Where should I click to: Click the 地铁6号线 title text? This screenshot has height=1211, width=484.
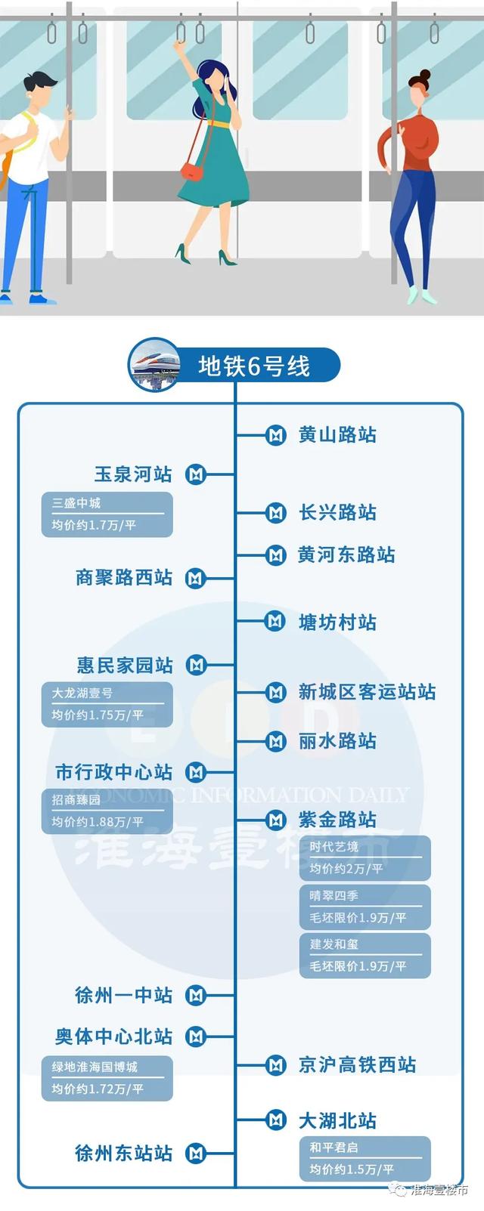coord(254,366)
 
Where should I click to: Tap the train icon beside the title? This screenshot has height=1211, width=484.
coord(155,364)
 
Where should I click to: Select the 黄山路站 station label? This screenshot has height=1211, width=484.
coord(337,434)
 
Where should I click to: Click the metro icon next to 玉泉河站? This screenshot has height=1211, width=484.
coord(195,474)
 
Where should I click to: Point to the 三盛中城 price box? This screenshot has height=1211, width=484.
coord(107,514)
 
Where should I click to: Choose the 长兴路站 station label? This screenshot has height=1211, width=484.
coord(337,512)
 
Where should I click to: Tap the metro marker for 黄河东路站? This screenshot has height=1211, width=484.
coord(275,555)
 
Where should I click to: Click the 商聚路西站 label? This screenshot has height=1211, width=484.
coord(124,577)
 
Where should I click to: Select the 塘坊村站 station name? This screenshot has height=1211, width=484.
coord(337,622)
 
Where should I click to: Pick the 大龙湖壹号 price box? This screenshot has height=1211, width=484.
coord(107,704)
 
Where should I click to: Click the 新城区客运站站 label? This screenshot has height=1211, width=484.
coord(367,692)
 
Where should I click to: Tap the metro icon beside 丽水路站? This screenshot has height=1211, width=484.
coord(275,741)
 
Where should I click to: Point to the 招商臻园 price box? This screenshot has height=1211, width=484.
coord(107,811)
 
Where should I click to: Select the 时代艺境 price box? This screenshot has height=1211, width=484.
coord(365,858)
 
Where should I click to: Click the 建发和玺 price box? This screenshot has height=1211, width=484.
coord(365,956)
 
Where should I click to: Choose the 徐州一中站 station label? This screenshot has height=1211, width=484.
coord(124,995)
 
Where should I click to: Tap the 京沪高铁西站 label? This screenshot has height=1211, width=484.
coord(357,1064)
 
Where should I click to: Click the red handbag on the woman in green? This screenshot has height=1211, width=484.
coord(191,172)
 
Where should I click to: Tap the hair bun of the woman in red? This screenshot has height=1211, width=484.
coord(425,75)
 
